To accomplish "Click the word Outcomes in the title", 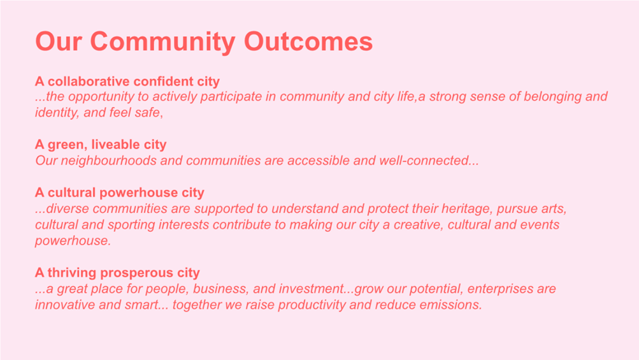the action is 308,41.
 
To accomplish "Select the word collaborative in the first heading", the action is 89,81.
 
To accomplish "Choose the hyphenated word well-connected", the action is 424,161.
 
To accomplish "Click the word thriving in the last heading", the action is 72,272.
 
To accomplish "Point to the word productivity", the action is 312,305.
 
